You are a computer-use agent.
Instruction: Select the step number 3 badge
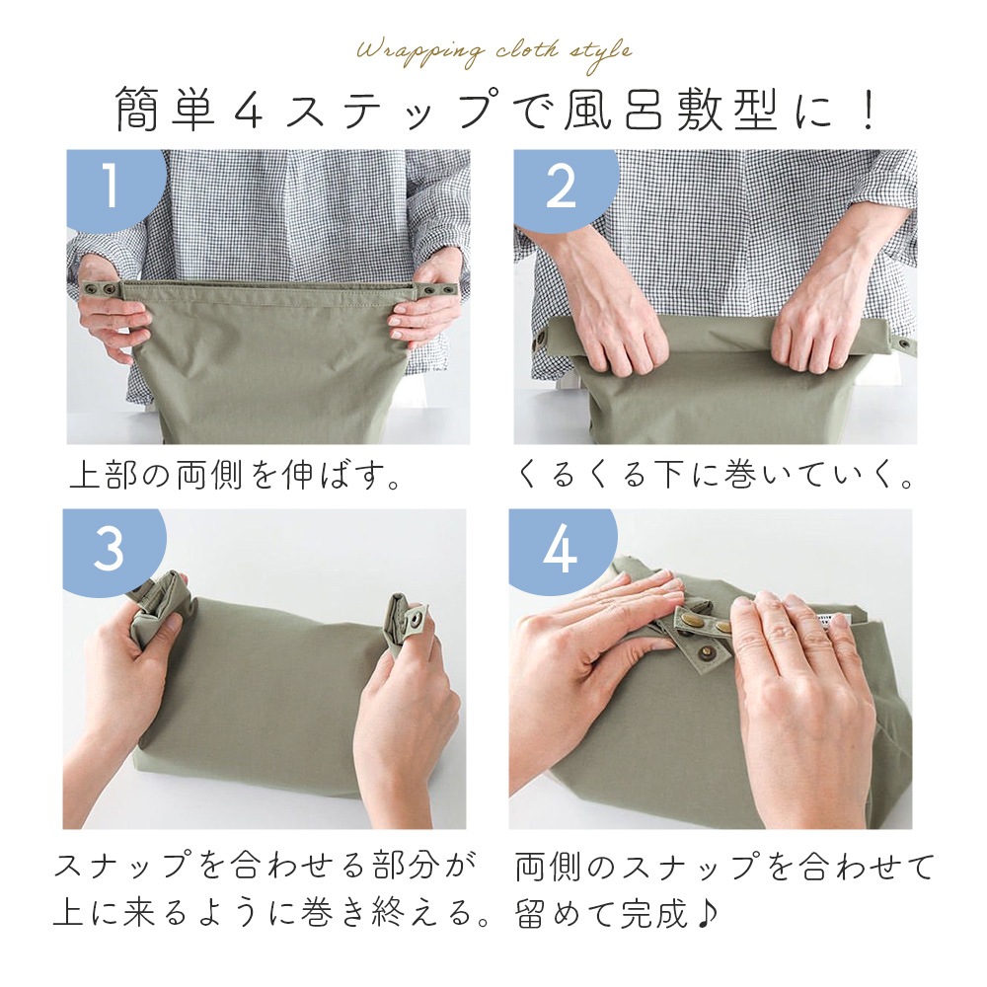click(x=111, y=549)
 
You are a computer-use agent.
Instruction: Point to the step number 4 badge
click(x=561, y=549)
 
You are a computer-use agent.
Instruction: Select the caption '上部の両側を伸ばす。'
click(x=236, y=476)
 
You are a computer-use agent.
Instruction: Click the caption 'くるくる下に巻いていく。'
click(x=715, y=476)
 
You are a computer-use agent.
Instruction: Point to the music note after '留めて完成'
click(x=707, y=913)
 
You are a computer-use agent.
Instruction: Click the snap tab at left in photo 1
click(x=101, y=290)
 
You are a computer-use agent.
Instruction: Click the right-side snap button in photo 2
click(x=906, y=344)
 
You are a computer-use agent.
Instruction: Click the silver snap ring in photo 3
click(x=417, y=622)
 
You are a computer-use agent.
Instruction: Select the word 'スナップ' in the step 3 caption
click(x=121, y=867)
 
